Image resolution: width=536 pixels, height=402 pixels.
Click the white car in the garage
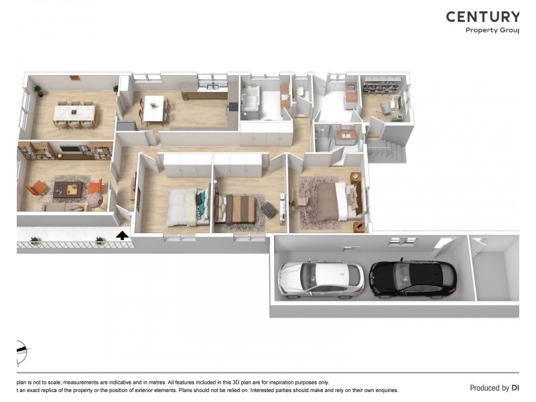pyautogui.click(x=320, y=278)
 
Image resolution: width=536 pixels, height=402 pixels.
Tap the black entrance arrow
pyautogui.click(x=122, y=235)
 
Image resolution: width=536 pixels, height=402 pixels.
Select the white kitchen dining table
pyautogui.click(x=154, y=109)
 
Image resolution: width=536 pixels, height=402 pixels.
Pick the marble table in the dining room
pyautogui.click(x=74, y=113)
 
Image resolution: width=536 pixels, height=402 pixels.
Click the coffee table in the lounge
pyautogui.click(x=67, y=189)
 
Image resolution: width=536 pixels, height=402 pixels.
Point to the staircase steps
pyautogui.click(x=387, y=151)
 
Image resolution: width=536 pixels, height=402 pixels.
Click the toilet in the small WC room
pyautogui.click(x=301, y=92)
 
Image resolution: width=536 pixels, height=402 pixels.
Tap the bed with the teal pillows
pyautogui.click(x=188, y=206)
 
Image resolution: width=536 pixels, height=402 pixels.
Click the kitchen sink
pyautogui.click(x=212, y=87)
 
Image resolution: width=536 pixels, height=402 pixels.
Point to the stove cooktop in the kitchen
pyautogui.click(x=234, y=106)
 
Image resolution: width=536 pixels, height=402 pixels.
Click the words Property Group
pyautogui.click(x=492, y=30)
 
